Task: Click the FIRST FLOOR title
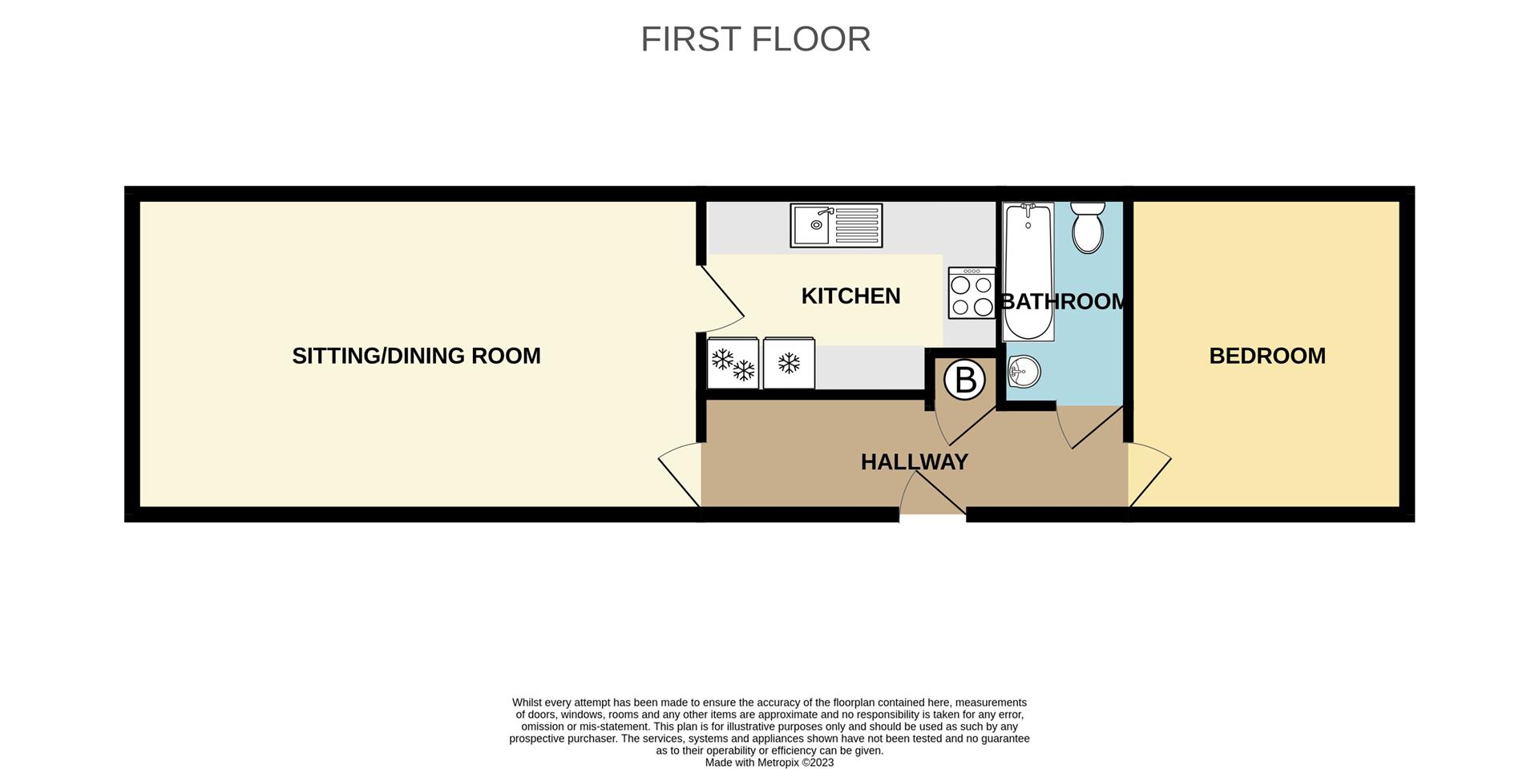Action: pos(755,38)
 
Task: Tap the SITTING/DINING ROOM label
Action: pos(416,356)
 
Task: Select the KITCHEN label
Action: pos(850,296)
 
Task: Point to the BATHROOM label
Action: pos(1063,302)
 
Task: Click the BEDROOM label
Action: pos(1267,356)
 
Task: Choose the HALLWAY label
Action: pos(915,462)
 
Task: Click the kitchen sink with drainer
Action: pos(836,225)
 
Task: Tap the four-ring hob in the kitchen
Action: pos(971,293)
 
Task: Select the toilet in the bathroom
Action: pos(1088,227)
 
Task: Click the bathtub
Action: pos(1028,272)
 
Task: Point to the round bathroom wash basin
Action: pos(1024,371)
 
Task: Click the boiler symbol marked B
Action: pos(964,380)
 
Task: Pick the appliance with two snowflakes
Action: pos(733,363)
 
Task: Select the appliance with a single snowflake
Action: pos(789,363)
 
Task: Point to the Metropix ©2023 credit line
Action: pos(769,763)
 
